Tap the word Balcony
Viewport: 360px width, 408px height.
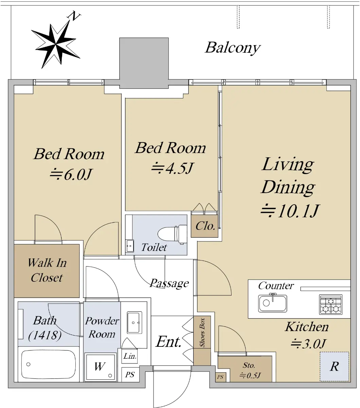coord(233,48)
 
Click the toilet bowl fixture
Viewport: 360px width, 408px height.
coord(172,234)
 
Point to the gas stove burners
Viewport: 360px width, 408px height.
coord(330,305)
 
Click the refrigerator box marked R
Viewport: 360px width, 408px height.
coord(335,367)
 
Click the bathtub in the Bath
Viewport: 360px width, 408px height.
coord(48,364)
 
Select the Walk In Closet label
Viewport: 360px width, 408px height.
coord(47,270)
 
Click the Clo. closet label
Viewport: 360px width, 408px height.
coord(205,226)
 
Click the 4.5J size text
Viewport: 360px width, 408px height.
coord(172,168)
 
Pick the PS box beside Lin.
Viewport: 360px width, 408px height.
coord(130,375)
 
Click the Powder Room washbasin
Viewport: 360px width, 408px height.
coord(134,323)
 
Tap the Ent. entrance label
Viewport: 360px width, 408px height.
coord(169,342)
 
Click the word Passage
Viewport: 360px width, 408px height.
coord(169,283)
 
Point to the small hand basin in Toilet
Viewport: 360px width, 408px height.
coord(130,246)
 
